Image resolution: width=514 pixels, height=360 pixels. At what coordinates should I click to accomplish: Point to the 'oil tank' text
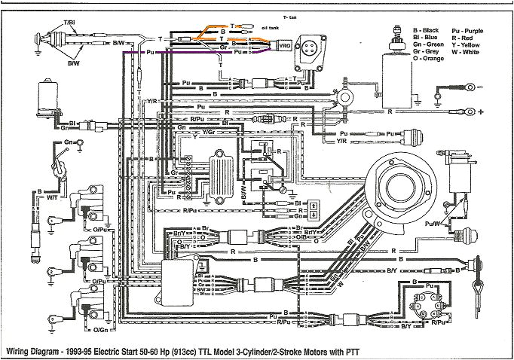tap(259, 26)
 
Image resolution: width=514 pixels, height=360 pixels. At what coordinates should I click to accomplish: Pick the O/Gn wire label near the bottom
tap(99, 328)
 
